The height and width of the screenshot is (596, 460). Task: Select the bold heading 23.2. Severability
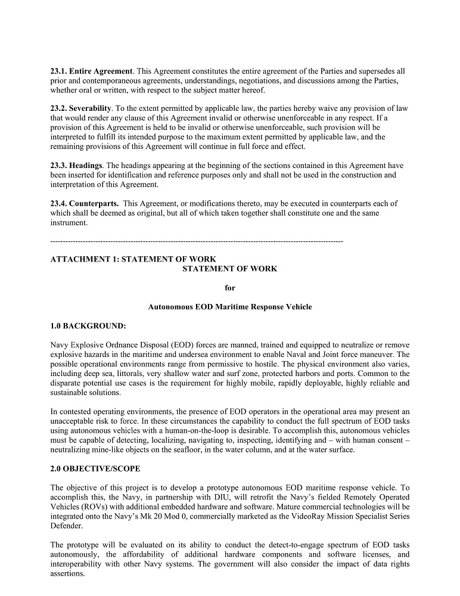click(x=81, y=108)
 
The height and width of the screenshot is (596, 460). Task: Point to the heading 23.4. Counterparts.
click(x=84, y=204)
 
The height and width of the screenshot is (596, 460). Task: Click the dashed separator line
click(x=197, y=241)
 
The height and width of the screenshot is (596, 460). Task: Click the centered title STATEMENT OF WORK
click(x=229, y=269)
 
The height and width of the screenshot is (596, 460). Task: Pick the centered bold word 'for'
click(x=230, y=288)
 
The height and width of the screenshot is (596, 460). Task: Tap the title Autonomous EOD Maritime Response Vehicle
click(x=229, y=307)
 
